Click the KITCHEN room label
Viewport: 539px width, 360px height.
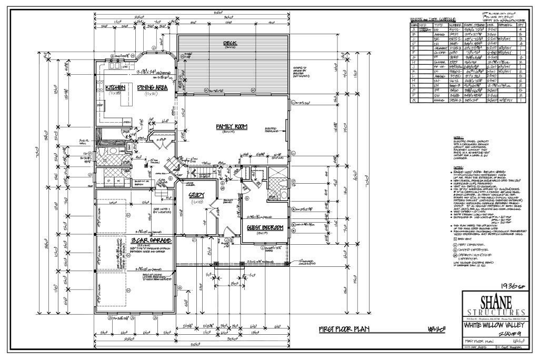[x=114, y=87]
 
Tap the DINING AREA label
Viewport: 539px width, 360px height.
[x=152, y=87]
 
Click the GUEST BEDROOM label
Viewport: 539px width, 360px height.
[x=265, y=227]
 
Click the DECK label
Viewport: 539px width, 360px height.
[x=229, y=43]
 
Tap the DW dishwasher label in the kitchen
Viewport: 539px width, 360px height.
[x=125, y=67]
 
